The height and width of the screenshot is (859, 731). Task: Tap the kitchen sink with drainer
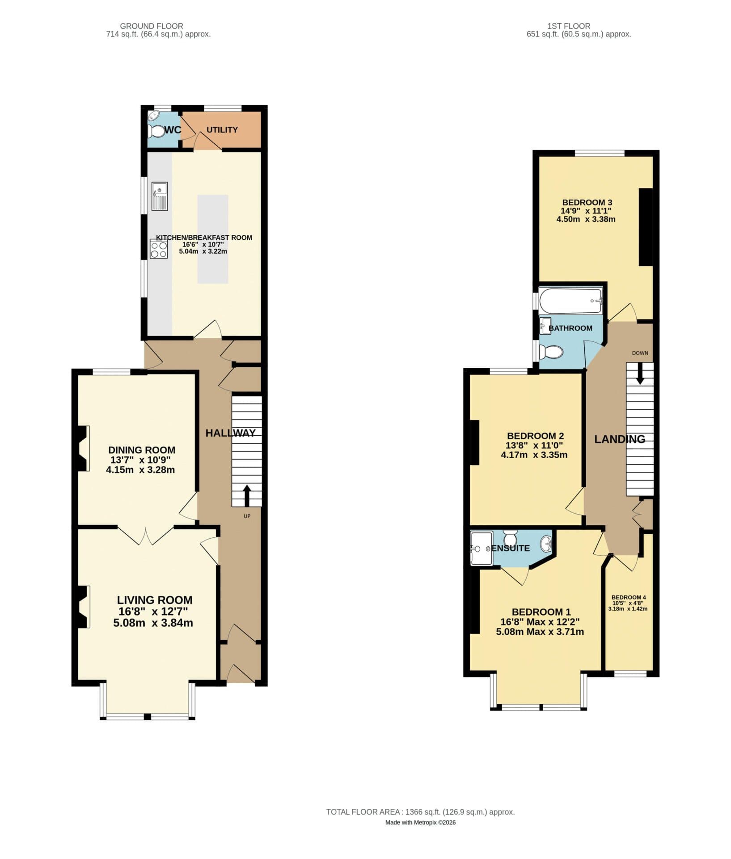pyautogui.click(x=160, y=196)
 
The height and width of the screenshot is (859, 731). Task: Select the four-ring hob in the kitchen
pyautogui.click(x=159, y=249)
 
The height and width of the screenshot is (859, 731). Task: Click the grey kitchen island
pyautogui.click(x=213, y=239)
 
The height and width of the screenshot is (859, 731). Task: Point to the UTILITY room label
pyautogui.click(x=222, y=130)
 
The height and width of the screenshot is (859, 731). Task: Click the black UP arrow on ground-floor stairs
pyautogui.click(x=246, y=495)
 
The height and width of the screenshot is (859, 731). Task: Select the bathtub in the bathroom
pyautogui.click(x=570, y=301)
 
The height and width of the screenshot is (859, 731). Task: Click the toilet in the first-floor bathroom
pyautogui.click(x=551, y=352)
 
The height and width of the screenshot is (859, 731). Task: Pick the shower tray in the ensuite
pyautogui.click(x=481, y=548)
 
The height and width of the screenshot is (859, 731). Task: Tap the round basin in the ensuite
pyautogui.click(x=546, y=544)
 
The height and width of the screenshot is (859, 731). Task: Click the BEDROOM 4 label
pyautogui.click(x=629, y=597)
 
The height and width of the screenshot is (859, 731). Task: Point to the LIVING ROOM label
pyautogui.click(x=155, y=600)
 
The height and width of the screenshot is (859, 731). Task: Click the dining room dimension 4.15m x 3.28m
pyautogui.click(x=140, y=470)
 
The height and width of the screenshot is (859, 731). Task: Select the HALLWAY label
pyautogui.click(x=230, y=433)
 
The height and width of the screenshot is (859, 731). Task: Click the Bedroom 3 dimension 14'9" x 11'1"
pyautogui.click(x=586, y=211)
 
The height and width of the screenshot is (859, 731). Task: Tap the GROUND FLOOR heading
pyautogui.click(x=152, y=26)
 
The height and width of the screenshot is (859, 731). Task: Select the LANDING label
pyautogui.click(x=619, y=439)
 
